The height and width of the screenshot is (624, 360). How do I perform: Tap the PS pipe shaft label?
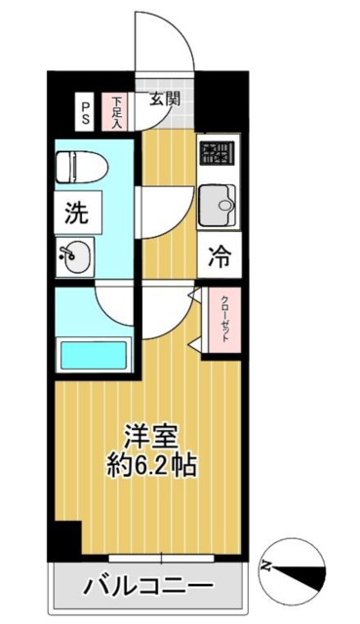click(x=86, y=111)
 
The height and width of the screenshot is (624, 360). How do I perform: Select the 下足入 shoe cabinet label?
click(x=117, y=111)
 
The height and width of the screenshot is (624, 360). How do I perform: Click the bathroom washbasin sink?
click(x=74, y=257)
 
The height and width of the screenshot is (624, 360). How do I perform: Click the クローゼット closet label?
click(x=224, y=317)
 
